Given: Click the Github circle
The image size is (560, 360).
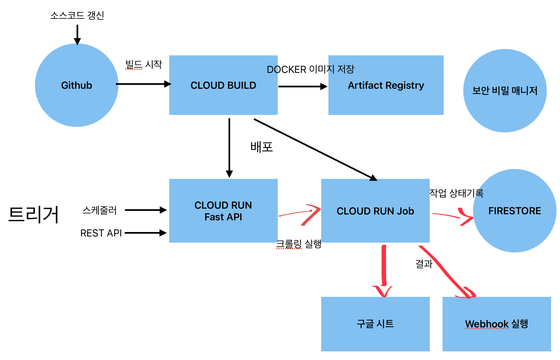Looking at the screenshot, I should click(77, 85).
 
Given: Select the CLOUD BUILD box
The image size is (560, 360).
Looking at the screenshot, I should click(223, 85).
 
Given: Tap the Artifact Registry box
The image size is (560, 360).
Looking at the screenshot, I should click(386, 85).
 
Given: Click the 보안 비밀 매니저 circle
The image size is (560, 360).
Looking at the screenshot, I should click(505, 91).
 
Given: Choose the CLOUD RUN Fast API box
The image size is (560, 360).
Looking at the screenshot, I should click(223, 211).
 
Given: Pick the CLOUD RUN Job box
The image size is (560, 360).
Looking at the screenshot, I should click(375, 211).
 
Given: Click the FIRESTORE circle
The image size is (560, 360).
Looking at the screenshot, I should click(515, 211).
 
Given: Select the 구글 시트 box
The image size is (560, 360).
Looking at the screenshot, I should click(375, 324).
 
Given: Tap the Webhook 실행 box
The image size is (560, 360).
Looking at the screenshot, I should click(497, 324).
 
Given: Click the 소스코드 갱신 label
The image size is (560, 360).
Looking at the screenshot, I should click(77, 15).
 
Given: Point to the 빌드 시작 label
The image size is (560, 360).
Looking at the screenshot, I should click(144, 65).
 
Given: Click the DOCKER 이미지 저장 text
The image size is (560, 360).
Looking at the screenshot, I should click(311, 69).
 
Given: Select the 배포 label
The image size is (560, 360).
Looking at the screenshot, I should click(262, 147).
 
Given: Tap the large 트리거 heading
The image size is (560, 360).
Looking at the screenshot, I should click(34, 214).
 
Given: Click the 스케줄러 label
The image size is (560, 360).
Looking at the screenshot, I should click(100, 210).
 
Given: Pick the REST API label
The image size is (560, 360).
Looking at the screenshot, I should click(101, 233).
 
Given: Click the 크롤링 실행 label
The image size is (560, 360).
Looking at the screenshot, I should click(299, 244).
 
